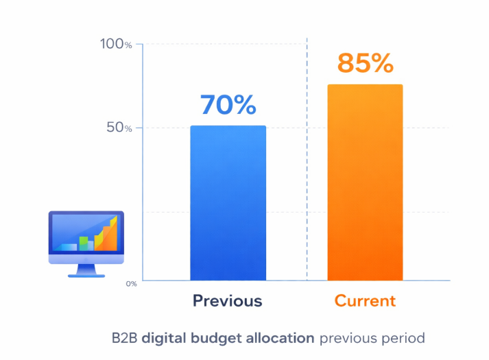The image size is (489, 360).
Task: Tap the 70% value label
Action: (228, 104)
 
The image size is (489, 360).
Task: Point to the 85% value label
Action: (365, 63)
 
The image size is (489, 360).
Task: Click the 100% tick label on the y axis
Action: (116, 45)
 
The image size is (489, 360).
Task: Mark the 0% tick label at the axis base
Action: (131, 283)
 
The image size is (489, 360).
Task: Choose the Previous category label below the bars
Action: (227, 301)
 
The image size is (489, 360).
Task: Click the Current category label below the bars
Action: (365, 301)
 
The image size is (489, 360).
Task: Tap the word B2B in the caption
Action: (125, 338)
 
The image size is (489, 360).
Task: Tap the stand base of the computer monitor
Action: (86, 275)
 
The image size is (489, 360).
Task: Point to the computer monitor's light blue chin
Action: (86, 259)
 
